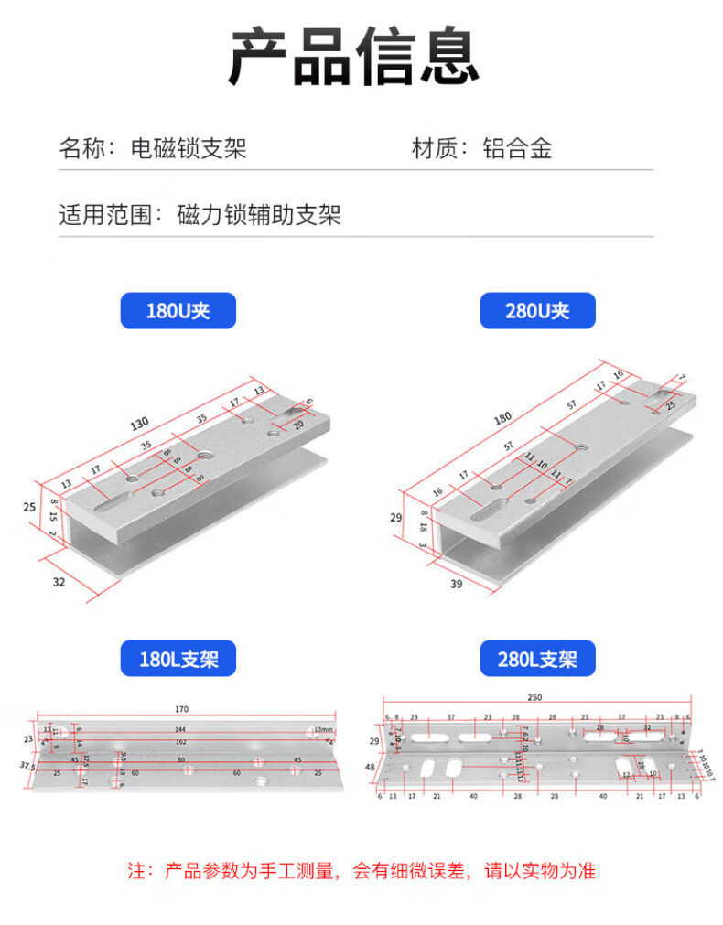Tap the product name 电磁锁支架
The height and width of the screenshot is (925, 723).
point(189,148)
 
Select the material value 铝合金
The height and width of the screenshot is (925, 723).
point(518,148)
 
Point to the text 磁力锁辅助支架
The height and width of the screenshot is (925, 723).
point(259,216)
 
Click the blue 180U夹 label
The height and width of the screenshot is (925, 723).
point(178,311)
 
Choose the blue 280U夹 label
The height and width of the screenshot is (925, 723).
point(537,311)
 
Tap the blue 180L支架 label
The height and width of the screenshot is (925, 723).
point(178,659)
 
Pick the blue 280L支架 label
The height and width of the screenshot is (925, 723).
point(537,659)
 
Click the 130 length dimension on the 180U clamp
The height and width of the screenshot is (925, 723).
point(139,423)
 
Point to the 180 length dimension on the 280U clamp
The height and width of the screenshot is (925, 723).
point(502,418)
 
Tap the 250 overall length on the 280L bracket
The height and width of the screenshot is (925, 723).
point(536,697)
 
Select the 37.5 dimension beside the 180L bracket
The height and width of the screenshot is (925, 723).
point(27,765)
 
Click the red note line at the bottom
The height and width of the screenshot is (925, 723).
point(361,870)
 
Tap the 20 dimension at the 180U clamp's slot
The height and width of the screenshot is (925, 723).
point(298,425)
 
